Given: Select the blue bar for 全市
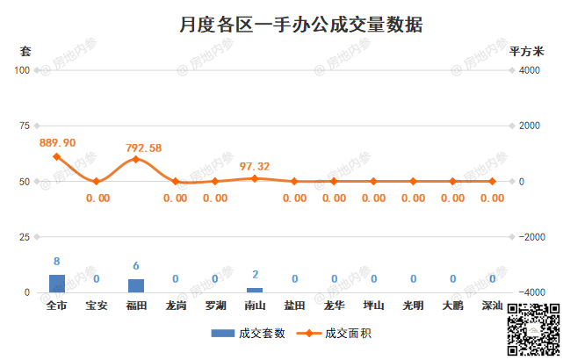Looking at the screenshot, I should click(57, 283).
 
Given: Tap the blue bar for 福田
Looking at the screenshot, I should click(136, 285).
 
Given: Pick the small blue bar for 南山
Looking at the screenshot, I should click(255, 290).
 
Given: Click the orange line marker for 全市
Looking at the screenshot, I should click(57, 157).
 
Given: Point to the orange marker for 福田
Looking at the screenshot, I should click(136, 160).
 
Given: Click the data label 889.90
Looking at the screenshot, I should click(58, 142).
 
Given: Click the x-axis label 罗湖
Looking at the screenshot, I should click(215, 306).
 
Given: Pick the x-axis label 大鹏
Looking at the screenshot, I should click(452, 306).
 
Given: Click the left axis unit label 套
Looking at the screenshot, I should click(25, 51).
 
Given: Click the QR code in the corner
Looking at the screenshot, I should click(533, 327).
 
